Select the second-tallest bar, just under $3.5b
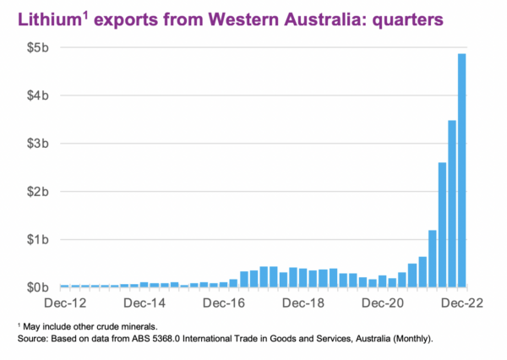coord(452,204)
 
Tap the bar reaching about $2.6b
coord(442,225)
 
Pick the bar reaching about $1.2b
coord(432,259)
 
